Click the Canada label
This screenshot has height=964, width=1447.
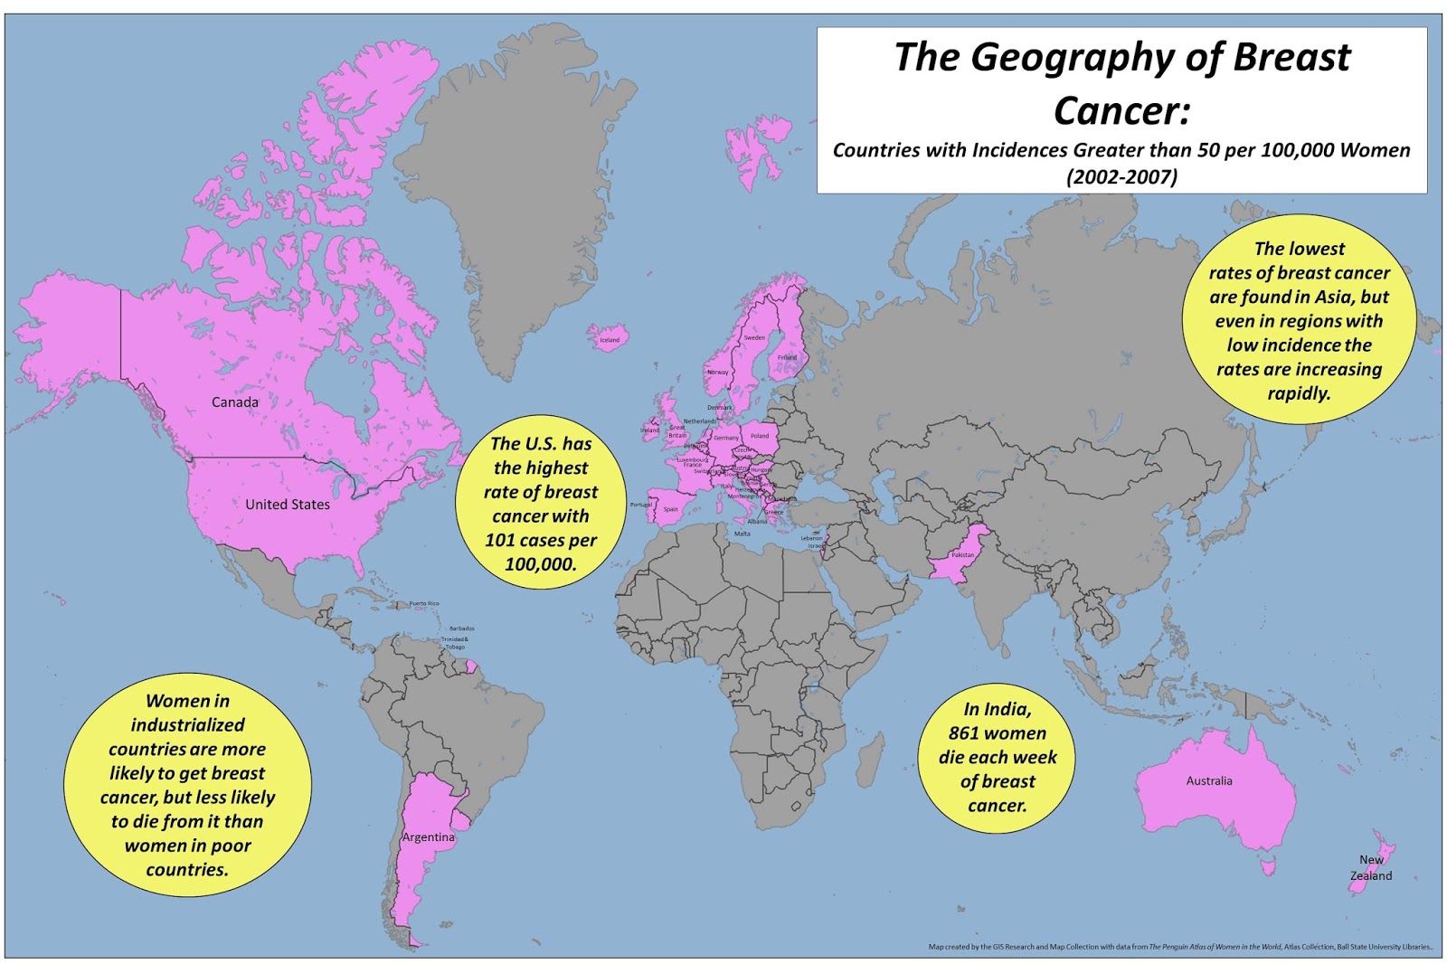[234, 402]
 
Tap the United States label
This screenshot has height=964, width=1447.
[288, 505]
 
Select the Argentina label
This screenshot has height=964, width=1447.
[429, 837]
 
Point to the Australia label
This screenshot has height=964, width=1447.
[1209, 780]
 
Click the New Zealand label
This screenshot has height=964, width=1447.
[1371, 868]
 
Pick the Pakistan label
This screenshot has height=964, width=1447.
[963, 555]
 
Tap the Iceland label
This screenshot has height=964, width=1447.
[610, 340]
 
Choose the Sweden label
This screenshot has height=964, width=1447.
[754, 338]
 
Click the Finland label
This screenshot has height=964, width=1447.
[788, 357]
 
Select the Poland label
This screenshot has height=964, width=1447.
[760, 436]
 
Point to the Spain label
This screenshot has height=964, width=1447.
[671, 509]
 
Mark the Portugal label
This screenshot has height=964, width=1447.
[640, 505]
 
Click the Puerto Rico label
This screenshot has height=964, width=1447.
[424, 603]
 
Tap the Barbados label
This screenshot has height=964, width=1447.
[461, 628]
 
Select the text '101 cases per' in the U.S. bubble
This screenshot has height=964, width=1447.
[541, 540]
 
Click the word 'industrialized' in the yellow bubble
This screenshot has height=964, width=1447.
[187, 725]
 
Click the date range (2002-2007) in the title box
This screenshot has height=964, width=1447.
[1121, 177]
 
